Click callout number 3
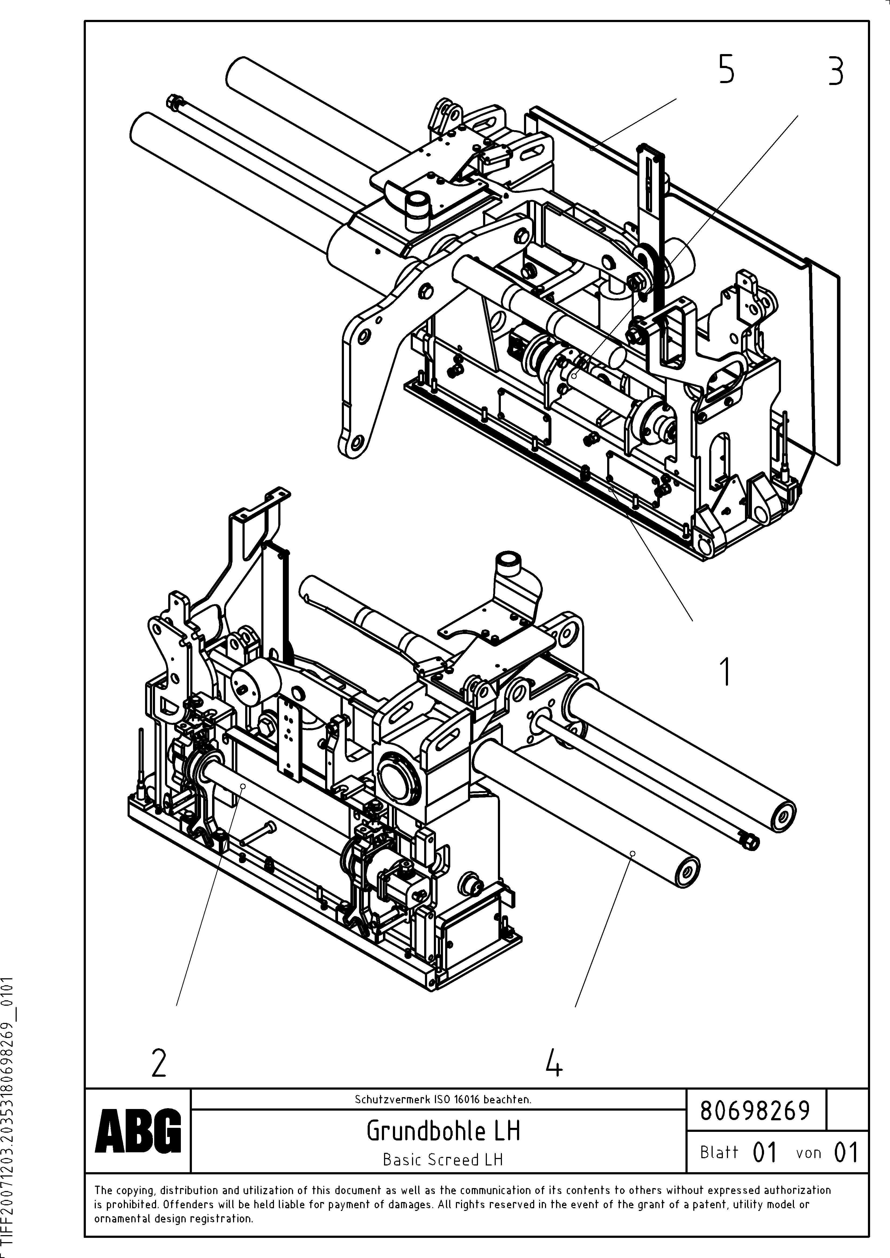(835, 72)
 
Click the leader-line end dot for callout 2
(242, 786)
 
